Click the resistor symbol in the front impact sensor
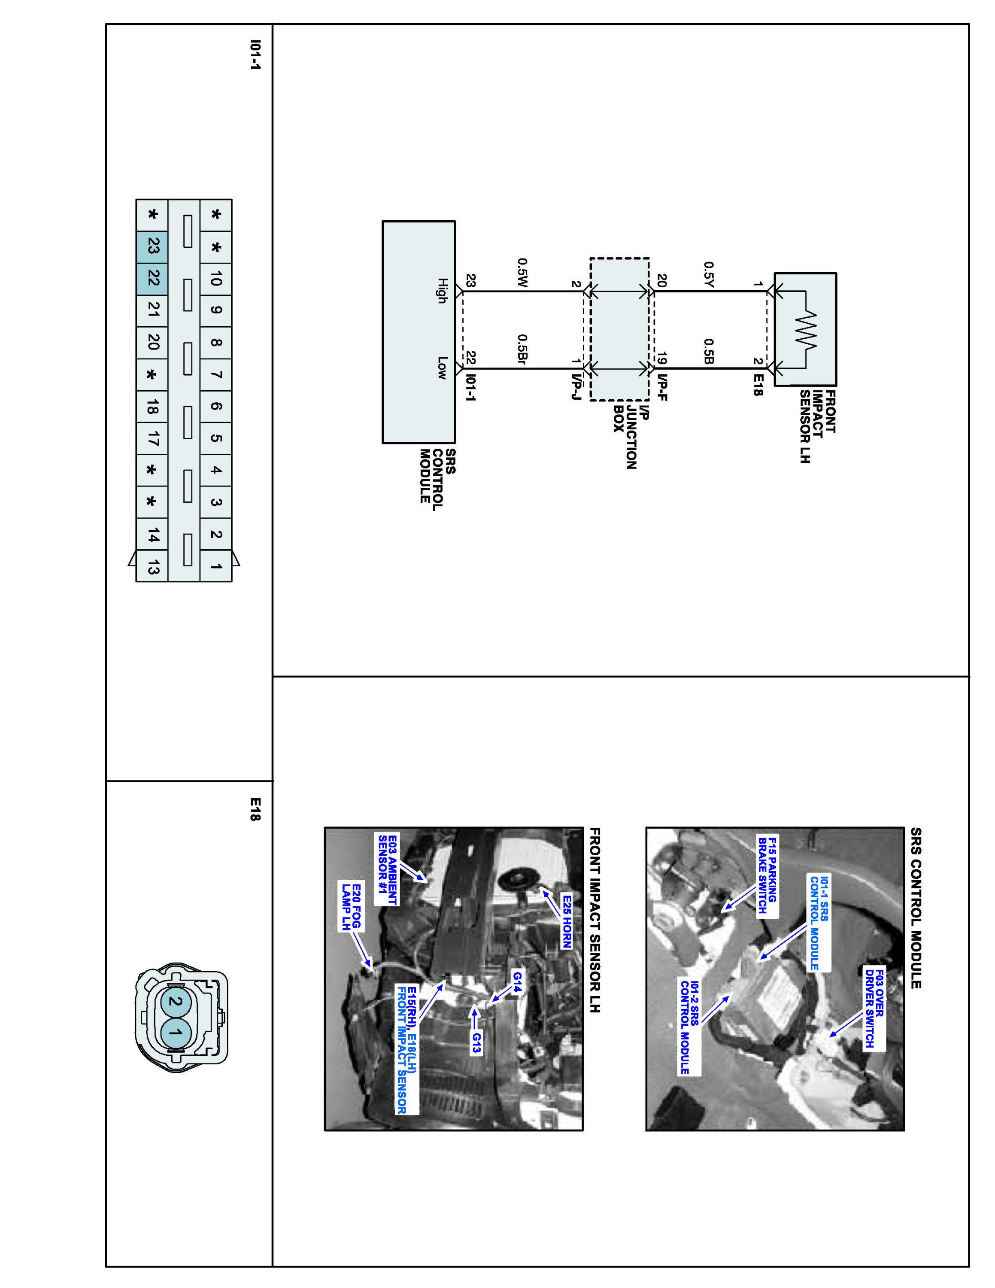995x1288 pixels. pos(805,329)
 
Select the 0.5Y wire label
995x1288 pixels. pos(709,275)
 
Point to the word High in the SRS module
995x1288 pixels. pos(442,291)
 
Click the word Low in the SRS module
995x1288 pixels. pos(442,368)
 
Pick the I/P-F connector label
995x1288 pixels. pos(662,387)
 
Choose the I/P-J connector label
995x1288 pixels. pos(576,387)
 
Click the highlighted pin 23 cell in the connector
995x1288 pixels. pos(152,246)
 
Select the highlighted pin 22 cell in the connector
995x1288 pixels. pos(152,278)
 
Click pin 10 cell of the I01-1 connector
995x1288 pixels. pos(216,278)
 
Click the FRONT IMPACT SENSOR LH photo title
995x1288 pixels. pos(595,920)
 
